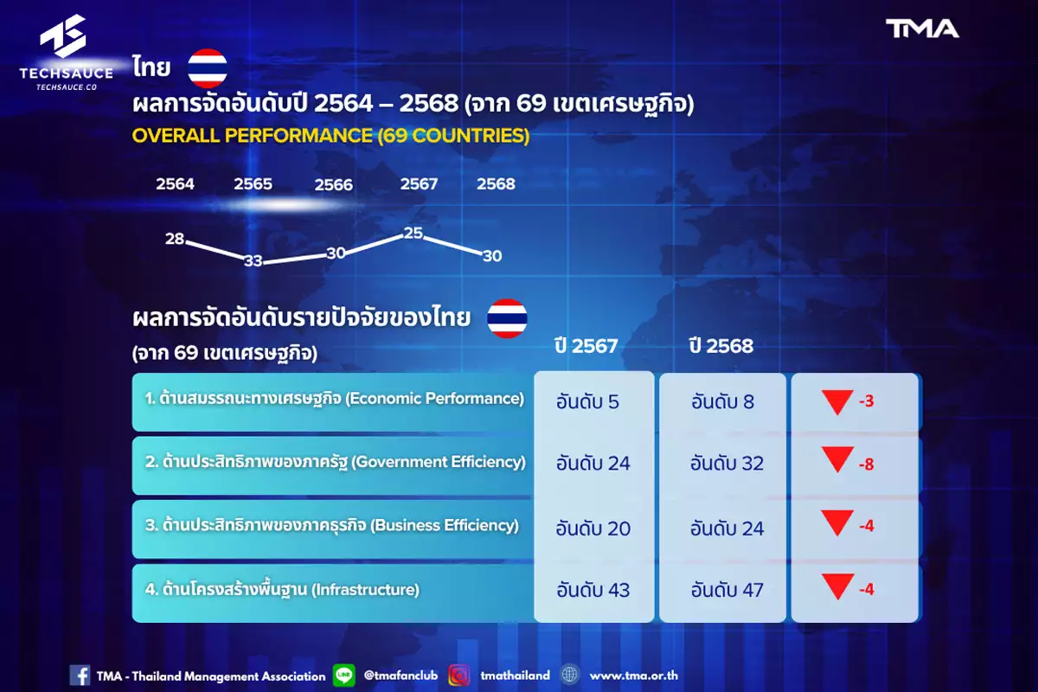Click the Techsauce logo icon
tap(63, 35)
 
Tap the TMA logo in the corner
tap(922, 29)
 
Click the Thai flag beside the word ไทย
tap(207, 68)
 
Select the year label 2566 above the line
tap(334, 185)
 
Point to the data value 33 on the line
tap(253, 261)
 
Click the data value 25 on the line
tap(413, 233)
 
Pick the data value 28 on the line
tap(175, 239)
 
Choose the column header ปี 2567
tap(586, 346)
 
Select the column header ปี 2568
tap(721, 346)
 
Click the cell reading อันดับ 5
tap(587, 402)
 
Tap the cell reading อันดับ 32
tap(727, 464)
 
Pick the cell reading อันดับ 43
tap(593, 590)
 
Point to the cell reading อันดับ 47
tap(727, 590)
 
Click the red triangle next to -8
tap(838, 458)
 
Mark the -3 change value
tap(866, 400)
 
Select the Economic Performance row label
tap(334, 399)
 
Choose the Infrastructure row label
tap(282, 590)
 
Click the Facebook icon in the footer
tap(80, 676)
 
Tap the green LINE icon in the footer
tap(344, 676)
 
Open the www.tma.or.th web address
tap(633, 676)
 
